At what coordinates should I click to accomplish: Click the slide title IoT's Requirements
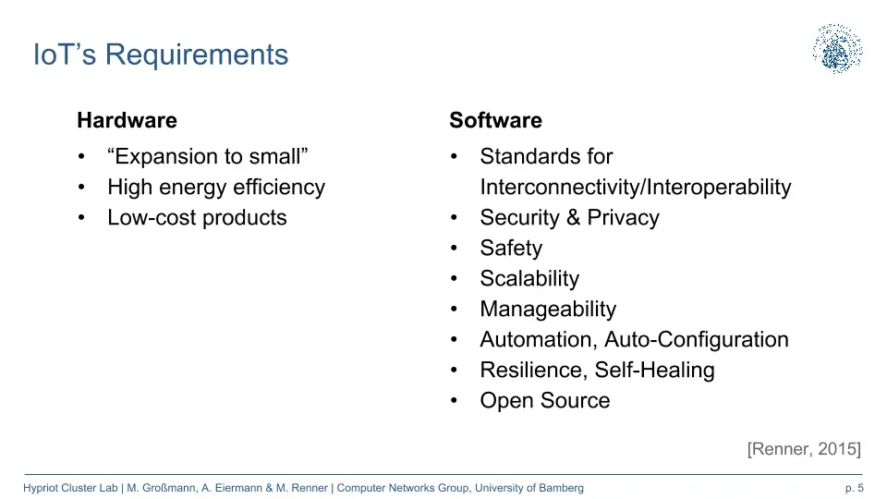click(161, 55)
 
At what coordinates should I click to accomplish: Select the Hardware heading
click(128, 120)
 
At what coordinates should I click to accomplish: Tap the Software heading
click(495, 120)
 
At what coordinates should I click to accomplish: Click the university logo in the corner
click(838, 49)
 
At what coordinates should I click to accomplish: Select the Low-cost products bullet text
click(197, 218)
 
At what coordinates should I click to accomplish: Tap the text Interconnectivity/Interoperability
click(636, 188)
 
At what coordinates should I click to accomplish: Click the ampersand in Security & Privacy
click(573, 218)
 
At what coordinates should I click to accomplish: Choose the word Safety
click(511, 249)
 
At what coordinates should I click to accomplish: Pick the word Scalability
click(529, 279)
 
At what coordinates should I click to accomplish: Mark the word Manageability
click(548, 310)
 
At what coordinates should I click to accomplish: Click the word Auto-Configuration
click(697, 340)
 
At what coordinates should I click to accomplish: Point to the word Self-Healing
click(654, 371)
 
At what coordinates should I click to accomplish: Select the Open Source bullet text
click(545, 401)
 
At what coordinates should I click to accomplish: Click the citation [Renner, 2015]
click(804, 449)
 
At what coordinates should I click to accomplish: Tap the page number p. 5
click(854, 488)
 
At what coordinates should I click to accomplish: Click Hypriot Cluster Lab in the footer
click(70, 488)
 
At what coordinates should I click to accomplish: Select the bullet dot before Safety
click(454, 249)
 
